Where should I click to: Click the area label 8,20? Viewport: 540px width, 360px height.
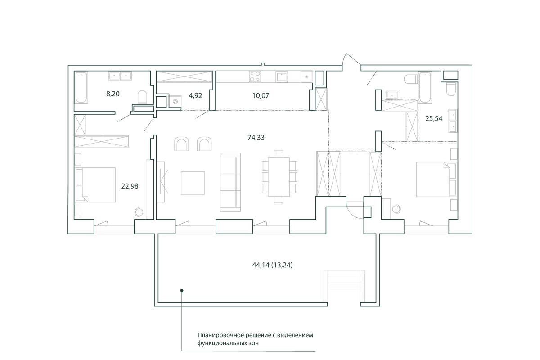pyautogui.click(x=113, y=94)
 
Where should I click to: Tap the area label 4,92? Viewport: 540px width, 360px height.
pyautogui.click(x=195, y=96)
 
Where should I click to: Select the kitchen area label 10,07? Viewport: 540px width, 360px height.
pyautogui.click(x=261, y=96)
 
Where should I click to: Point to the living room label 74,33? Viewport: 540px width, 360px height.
pyautogui.click(x=256, y=138)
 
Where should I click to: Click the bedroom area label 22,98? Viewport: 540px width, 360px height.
pyautogui.click(x=130, y=186)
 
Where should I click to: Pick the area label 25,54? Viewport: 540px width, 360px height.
pyautogui.click(x=434, y=118)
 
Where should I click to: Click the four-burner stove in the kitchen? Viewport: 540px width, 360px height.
pyautogui.click(x=255, y=76)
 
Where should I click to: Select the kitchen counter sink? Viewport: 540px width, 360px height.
pyautogui.click(x=282, y=76)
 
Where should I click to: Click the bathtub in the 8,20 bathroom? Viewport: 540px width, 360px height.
pyautogui.click(x=81, y=88)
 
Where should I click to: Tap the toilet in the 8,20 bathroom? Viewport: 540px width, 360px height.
pyautogui.click(x=142, y=97)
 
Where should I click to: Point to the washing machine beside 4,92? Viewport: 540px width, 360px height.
pyautogui.click(x=175, y=101)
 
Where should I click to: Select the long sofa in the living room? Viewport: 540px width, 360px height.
pyautogui.click(x=230, y=182)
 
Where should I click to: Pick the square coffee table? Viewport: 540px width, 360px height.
pyautogui.click(x=193, y=183)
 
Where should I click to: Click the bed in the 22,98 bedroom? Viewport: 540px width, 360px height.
pyautogui.click(x=95, y=185)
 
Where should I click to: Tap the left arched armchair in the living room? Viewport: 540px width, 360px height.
pyautogui.click(x=181, y=144)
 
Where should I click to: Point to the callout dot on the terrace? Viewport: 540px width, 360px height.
pyautogui.click(x=182, y=290)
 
